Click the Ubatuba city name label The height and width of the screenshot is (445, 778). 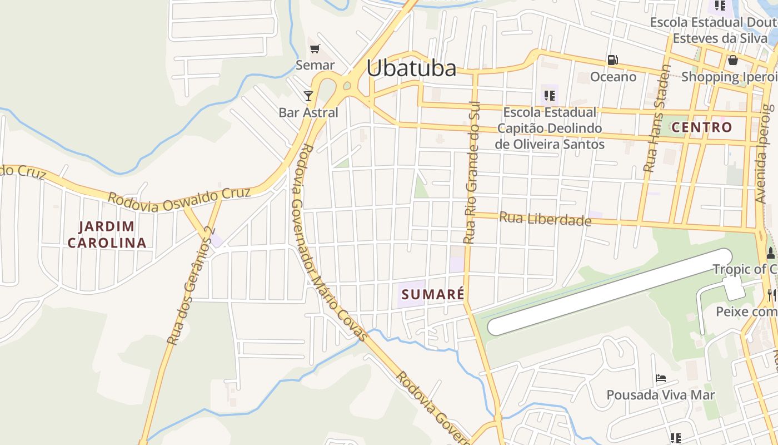411,68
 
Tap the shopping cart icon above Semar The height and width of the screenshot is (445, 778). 315,49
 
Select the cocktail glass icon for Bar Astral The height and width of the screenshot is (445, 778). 308,96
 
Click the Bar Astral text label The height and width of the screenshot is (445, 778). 308,112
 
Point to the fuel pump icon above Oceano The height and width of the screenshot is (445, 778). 612,60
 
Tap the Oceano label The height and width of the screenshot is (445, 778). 613,77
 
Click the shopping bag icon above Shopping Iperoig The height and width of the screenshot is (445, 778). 732,60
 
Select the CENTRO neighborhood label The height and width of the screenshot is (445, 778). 702,127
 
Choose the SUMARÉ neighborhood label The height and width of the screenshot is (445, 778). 432,294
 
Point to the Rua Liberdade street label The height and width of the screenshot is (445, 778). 545,219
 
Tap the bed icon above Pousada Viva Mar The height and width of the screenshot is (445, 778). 661,378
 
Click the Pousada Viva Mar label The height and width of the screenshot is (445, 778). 661,395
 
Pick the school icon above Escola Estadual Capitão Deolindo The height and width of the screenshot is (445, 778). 550,95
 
